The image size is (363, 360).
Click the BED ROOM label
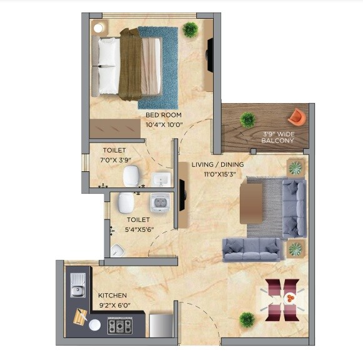tap(164, 115)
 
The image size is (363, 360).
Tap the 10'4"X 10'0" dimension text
tap(164, 124)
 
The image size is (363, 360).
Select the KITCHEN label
tap(112, 295)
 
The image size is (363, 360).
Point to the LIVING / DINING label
tap(217, 165)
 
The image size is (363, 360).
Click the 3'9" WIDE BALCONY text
tap(278, 137)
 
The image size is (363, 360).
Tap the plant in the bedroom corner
tap(191, 29)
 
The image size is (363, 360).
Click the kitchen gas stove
tap(119, 326)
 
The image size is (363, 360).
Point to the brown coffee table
tap(252, 201)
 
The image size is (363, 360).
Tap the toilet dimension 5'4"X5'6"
tap(137, 229)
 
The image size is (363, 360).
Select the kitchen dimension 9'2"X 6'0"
tap(112, 305)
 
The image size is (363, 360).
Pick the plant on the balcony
tap(248, 119)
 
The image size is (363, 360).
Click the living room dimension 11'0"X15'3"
tap(217, 174)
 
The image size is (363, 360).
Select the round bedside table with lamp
tap(99, 27)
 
